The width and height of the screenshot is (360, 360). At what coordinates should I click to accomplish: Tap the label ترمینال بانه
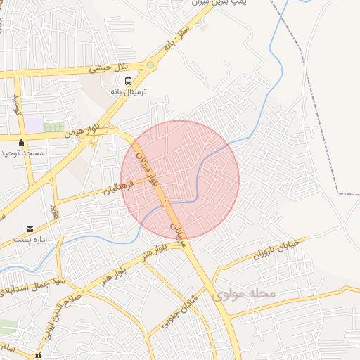[x=127, y=92]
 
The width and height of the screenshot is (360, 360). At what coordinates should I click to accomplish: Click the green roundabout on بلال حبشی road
[x=150, y=65]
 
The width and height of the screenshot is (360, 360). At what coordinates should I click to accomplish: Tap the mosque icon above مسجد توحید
[x=22, y=143]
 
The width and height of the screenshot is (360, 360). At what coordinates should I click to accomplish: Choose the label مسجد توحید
[x=22, y=153]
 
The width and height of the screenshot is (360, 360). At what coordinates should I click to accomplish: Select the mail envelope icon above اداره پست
[x=30, y=229]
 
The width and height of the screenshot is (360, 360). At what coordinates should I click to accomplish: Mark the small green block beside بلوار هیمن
[x=53, y=127]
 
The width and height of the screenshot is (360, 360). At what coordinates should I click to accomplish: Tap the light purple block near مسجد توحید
[x=34, y=124]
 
